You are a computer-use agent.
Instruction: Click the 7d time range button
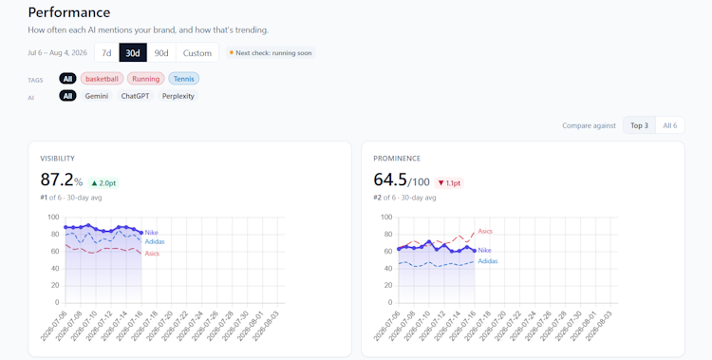106,53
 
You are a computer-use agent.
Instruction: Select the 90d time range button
161,53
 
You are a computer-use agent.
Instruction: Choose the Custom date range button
197,53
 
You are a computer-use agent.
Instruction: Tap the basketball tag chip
102,79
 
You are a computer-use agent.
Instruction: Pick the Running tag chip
146,79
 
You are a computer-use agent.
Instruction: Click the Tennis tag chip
184,79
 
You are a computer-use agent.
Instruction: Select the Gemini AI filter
97,96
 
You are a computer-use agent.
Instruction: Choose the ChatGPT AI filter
136,96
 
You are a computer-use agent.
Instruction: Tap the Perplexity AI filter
178,96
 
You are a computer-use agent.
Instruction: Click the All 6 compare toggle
670,125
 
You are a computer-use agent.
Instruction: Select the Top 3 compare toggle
639,125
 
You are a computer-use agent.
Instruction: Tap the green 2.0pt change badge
103,183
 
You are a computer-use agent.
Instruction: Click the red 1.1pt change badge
449,183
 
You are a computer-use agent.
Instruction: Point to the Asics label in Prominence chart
485,231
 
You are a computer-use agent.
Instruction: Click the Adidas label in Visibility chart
155,242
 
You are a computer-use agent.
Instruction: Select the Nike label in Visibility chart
151,233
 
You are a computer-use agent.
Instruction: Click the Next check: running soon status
271,53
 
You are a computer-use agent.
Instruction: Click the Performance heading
69,12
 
